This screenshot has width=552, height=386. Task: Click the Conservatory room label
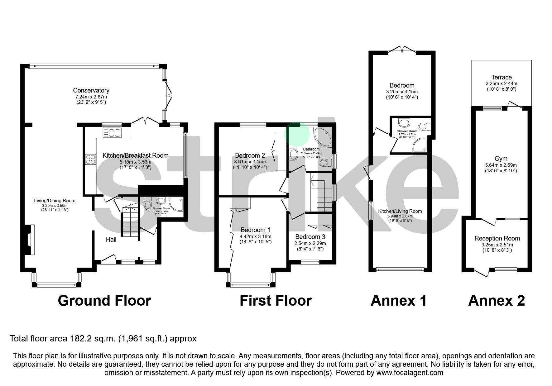tap(91, 90)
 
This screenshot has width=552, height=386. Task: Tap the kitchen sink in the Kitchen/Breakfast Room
tap(111, 133)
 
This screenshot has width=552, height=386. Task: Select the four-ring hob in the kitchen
tap(91, 160)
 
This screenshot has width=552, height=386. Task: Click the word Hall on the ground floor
tap(111, 239)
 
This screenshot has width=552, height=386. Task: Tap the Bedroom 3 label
tap(310, 237)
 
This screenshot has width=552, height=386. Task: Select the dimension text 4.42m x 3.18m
tap(256, 236)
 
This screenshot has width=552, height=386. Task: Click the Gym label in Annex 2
tap(501, 159)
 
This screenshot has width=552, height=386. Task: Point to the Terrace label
tap(502, 77)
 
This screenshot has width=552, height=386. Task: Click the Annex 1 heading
tap(398, 301)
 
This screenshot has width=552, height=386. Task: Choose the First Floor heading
tap(276, 301)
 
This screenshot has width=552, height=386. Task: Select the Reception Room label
tap(497, 238)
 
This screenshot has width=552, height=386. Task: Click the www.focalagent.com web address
tap(410, 373)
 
